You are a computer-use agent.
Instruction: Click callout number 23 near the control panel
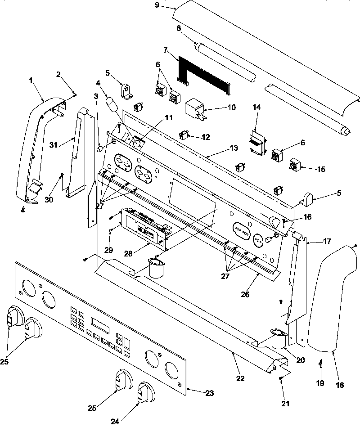point(209,393)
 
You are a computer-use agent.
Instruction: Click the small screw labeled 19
point(320,362)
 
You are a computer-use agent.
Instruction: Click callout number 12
point(206,137)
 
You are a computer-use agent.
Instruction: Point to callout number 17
point(327,241)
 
